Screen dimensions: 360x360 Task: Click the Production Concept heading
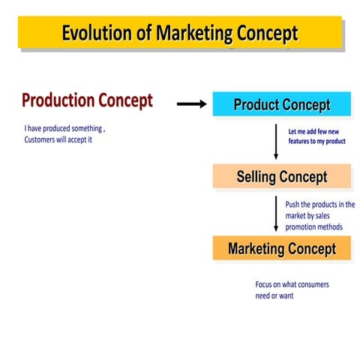tap(87, 100)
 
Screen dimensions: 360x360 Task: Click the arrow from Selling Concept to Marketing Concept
tap(276, 213)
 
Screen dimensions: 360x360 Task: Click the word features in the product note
tap(302, 141)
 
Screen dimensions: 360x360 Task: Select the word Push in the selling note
tap(293, 204)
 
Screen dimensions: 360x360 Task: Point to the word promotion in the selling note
tap(303, 226)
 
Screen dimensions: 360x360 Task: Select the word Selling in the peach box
tap(256, 177)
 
